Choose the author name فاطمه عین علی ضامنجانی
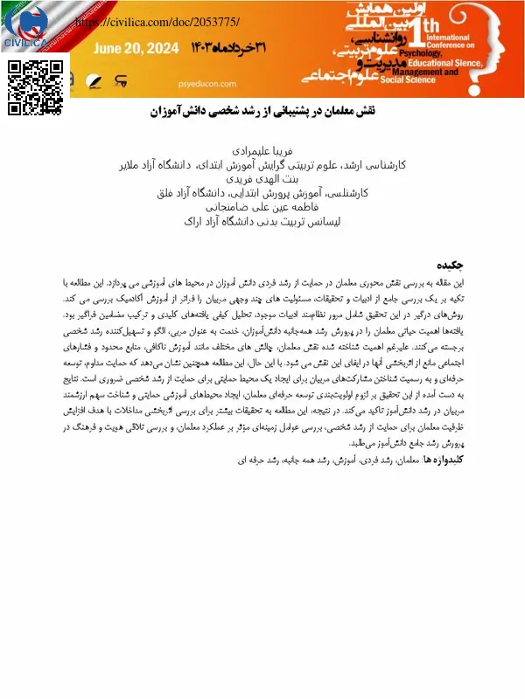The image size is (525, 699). (263, 206)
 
